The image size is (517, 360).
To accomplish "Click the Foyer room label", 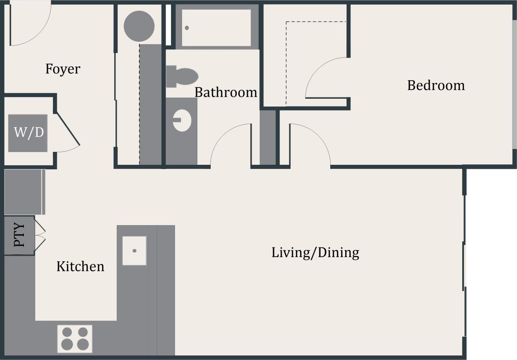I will pyautogui.click(x=63, y=69).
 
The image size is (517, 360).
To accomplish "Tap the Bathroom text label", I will pyautogui.click(x=226, y=92).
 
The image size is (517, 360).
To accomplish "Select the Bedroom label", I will pyautogui.click(x=436, y=85).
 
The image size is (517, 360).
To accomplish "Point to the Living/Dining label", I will pyautogui.click(x=315, y=253).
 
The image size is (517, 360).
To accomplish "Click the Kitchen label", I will pyautogui.click(x=80, y=266).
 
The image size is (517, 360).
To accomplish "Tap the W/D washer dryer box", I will pyautogui.click(x=28, y=133).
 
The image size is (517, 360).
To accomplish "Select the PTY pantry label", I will pyautogui.click(x=19, y=235).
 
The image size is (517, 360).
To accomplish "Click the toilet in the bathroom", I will pyautogui.click(x=182, y=77).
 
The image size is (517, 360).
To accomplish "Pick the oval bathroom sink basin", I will pyautogui.click(x=182, y=120).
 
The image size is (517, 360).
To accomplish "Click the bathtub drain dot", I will pyautogui.click(x=187, y=28).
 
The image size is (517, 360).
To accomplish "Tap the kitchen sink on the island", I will pyautogui.click(x=135, y=251).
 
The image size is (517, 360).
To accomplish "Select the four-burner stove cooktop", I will pyautogui.click(x=75, y=339).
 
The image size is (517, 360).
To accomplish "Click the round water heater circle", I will pyautogui.click(x=139, y=26).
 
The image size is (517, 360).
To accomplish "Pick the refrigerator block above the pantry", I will pyautogui.click(x=23, y=192).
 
